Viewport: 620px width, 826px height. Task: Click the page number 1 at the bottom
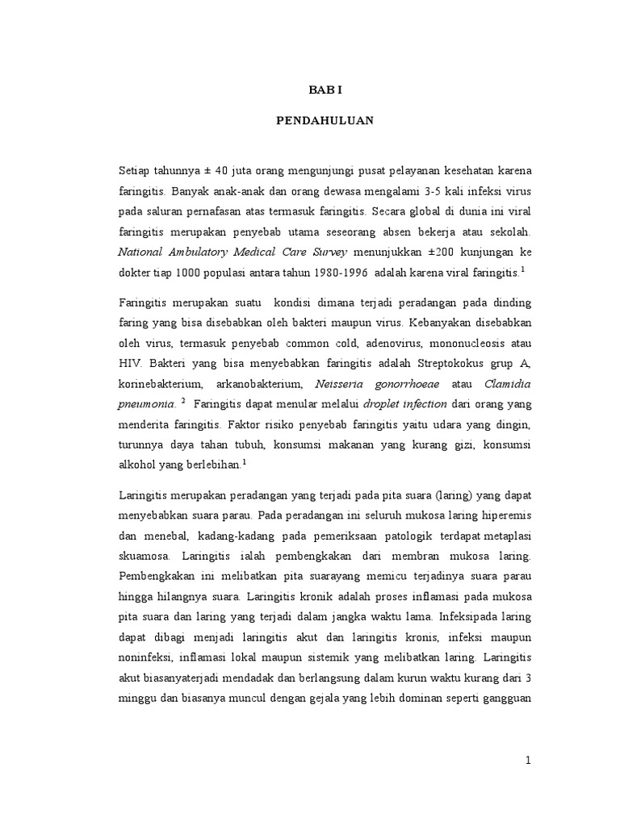(529, 761)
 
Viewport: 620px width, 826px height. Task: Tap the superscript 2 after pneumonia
(184, 400)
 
